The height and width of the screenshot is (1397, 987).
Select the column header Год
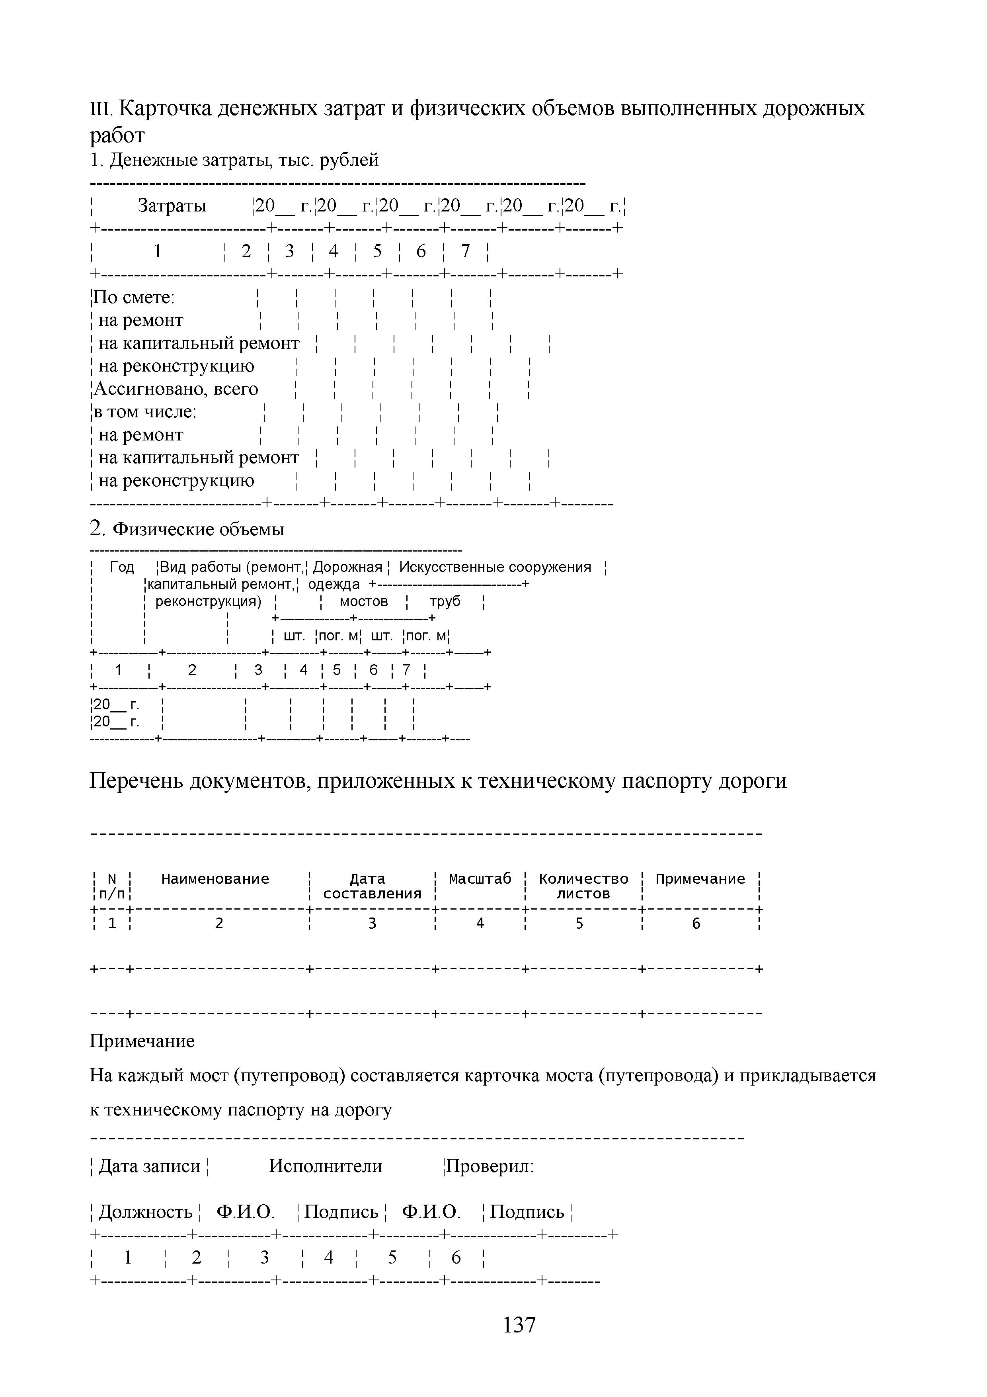[122, 567]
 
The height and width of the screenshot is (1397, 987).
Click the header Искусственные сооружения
[495, 567]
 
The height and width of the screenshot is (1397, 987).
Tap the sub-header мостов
[364, 601]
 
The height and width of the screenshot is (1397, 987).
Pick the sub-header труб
[445, 601]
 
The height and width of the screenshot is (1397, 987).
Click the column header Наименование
[215, 879]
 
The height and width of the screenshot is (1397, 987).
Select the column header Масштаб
[480, 879]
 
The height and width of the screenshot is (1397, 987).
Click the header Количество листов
[583, 886]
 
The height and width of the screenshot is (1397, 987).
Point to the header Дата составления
[372, 886]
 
